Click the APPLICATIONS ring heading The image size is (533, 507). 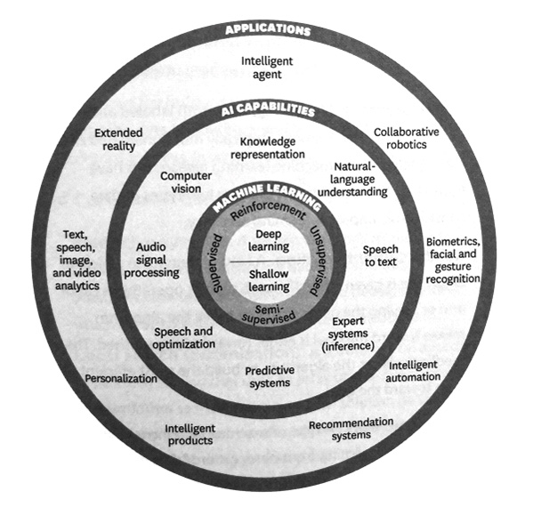(268, 29)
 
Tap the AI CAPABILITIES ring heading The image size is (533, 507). (268, 109)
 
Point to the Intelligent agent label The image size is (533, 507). (267, 68)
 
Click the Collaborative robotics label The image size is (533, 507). (407, 138)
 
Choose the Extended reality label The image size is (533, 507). (118, 140)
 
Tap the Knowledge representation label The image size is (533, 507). (268, 148)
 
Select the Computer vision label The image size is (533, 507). (186, 182)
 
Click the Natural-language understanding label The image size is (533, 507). (352, 179)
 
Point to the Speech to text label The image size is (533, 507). (380, 255)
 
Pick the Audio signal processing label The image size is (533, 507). (151, 260)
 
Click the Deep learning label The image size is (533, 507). (268, 240)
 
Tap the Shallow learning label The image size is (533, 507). (269, 280)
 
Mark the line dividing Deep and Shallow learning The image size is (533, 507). (268, 261)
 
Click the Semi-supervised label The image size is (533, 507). (269, 314)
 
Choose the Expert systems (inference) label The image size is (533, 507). (348, 334)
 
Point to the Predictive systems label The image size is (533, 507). (270, 377)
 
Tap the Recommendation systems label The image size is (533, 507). (351, 430)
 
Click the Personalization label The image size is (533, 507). (121, 378)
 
